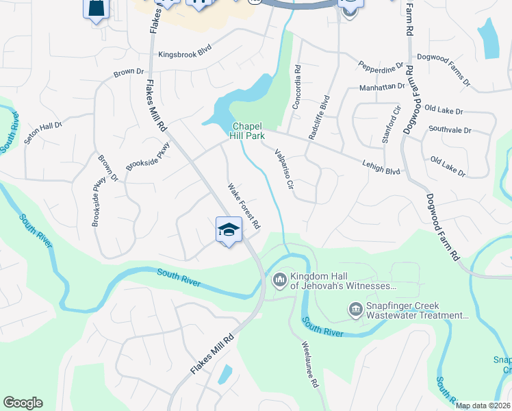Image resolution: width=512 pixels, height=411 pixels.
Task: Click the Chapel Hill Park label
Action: point(248,132)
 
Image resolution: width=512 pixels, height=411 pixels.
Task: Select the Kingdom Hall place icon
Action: point(279,280)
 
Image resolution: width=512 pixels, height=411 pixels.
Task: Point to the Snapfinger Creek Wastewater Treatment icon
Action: point(355,310)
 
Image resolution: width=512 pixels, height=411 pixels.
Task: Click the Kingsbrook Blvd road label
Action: point(185,53)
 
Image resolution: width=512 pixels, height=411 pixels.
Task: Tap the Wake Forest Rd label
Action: point(244,206)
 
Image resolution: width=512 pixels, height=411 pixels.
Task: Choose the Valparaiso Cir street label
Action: point(283,169)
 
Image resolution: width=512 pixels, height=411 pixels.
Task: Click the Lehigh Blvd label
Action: point(382,163)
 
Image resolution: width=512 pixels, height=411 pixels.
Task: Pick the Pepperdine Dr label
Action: point(381,67)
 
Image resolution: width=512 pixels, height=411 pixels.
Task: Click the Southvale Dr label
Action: point(450,129)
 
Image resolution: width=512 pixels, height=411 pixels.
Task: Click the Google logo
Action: point(23,403)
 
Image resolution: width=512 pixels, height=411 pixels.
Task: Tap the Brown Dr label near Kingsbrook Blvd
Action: point(129,71)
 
